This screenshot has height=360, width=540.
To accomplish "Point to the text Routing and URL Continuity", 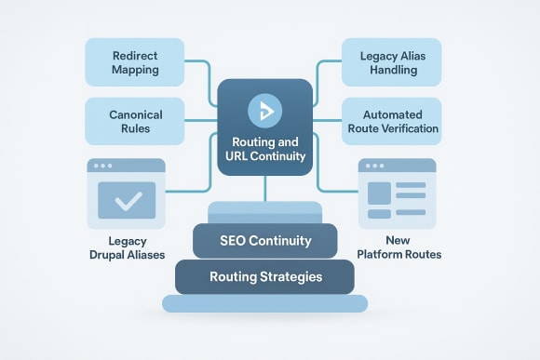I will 264,149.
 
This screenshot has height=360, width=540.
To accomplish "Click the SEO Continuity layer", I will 264,241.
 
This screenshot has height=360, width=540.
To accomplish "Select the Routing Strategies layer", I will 264,276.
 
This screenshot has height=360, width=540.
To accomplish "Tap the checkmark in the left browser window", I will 127,199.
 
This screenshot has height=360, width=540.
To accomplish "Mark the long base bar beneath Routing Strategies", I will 264,303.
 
